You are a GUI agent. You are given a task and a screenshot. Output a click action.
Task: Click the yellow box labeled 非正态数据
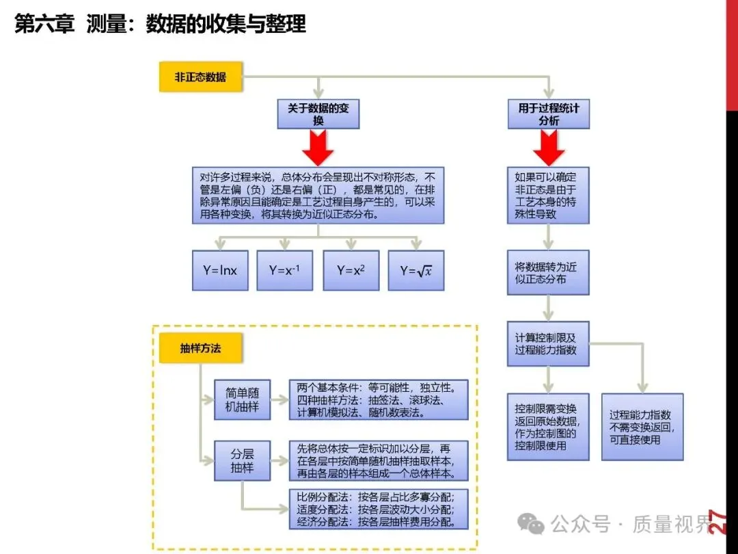point(201,77)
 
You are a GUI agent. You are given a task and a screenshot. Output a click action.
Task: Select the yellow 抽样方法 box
point(201,347)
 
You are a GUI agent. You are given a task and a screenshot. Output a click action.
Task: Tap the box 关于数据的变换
point(318,114)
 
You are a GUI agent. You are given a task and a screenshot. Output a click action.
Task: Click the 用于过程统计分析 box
point(548,114)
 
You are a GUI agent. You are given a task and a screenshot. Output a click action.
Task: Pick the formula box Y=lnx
point(220,270)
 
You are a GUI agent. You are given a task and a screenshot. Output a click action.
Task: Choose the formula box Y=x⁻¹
point(284,270)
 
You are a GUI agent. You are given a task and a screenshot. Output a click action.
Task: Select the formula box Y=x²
point(351,270)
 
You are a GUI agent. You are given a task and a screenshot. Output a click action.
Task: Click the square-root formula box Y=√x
point(416,270)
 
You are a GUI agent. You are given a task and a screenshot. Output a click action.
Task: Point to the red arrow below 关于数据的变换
point(318,147)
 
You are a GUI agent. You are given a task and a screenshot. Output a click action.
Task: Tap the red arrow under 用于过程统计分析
point(548,147)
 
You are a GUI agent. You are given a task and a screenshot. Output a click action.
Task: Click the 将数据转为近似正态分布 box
point(548,273)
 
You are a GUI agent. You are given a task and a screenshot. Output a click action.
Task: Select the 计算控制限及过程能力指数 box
point(548,344)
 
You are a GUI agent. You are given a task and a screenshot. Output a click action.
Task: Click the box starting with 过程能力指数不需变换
point(642,427)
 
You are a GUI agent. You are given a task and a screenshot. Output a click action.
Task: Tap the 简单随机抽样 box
point(242,399)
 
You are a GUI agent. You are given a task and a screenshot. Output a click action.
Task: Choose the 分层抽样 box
point(242,461)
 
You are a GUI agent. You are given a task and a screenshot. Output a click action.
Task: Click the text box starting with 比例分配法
point(378,509)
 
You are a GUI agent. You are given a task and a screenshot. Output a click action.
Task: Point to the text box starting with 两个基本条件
point(378,399)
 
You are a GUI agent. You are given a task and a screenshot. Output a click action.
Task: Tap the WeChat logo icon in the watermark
point(531,524)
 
